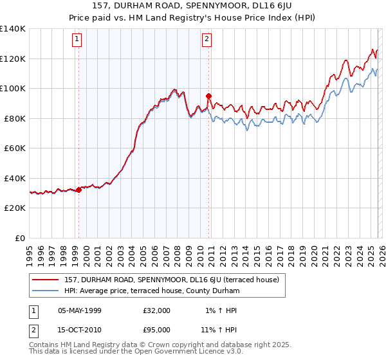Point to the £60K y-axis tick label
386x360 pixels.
[14, 148]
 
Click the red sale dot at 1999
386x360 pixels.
[78, 190]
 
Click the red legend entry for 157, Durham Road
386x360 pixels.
[171, 280]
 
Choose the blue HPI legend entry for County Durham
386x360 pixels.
[152, 291]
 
